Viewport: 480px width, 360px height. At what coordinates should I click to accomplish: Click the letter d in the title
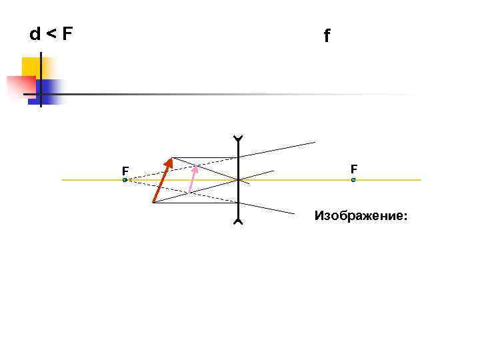point(35,33)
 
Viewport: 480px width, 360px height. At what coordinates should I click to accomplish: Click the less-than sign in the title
point(51,34)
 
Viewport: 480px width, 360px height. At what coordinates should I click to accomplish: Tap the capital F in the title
point(67,33)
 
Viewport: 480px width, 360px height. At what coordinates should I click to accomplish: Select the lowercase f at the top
point(327,37)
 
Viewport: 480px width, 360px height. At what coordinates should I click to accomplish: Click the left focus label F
point(125,171)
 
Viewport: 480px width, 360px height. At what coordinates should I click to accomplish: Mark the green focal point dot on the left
point(125,180)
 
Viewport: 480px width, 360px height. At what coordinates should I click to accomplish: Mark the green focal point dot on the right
point(353,180)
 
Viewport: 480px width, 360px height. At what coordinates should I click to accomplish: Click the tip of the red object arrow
point(171,159)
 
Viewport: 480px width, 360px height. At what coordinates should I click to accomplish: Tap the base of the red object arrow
point(153,202)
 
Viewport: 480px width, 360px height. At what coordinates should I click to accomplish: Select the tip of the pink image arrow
point(196,167)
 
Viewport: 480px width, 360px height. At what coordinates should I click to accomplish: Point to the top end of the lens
point(238,138)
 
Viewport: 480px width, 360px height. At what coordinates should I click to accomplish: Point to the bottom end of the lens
point(238,222)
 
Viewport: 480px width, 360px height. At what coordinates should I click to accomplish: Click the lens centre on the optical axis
point(238,180)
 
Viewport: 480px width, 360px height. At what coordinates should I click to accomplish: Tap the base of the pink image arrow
point(189,192)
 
